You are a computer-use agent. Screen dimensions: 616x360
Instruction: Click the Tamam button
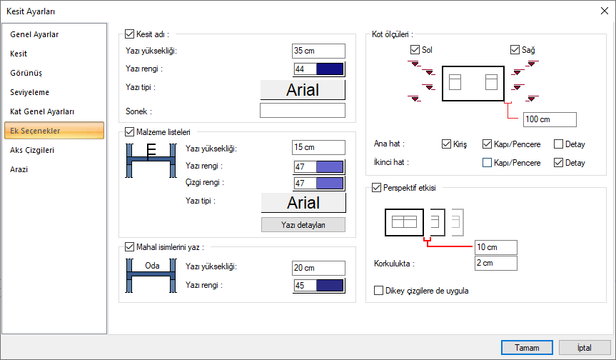[527, 347]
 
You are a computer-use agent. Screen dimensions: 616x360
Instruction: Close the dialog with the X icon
[604, 11]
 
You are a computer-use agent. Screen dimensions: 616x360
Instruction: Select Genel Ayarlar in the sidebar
[34, 34]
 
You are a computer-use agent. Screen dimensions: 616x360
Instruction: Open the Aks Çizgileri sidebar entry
[32, 150]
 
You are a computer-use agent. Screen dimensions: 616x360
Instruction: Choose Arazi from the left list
[19, 169]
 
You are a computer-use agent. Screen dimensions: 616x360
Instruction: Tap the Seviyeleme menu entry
[29, 92]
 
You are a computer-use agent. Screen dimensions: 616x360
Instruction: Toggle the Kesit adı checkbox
[130, 34]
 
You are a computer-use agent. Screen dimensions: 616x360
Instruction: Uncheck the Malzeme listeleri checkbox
[130, 132]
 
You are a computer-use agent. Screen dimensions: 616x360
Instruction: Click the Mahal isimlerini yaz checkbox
[130, 247]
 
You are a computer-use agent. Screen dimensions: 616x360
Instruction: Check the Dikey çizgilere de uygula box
[379, 291]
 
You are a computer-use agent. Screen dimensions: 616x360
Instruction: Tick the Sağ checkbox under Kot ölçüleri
[515, 49]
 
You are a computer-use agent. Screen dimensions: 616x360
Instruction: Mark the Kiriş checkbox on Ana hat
[446, 144]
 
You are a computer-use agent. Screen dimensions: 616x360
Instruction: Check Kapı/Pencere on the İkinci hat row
[487, 162]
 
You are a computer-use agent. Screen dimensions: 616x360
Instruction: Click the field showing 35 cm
[318, 51]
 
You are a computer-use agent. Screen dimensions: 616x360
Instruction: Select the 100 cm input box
[550, 119]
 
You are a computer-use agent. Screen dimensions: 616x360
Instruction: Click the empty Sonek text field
[303, 111]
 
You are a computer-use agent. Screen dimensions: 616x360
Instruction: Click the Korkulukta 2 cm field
[496, 263]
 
